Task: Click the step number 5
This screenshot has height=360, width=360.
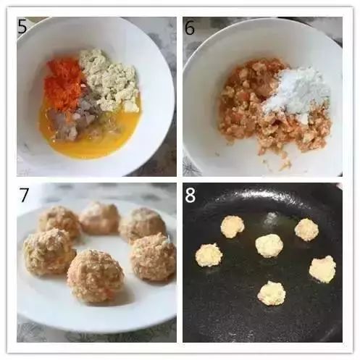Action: pyautogui.click(x=22, y=26)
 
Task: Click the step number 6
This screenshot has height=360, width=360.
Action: pyautogui.click(x=190, y=28)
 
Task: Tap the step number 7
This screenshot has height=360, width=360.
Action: pyautogui.click(x=24, y=195)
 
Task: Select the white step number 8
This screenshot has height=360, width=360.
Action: pyautogui.click(x=191, y=195)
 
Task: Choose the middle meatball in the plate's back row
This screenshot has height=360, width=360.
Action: pyautogui.click(x=99, y=219)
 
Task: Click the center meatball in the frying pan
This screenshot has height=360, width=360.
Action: pyautogui.click(x=269, y=246)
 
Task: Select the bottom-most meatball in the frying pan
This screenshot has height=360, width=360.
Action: pyautogui.click(x=272, y=293)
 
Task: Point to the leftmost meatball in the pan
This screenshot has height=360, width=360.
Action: pyautogui.click(x=209, y=255)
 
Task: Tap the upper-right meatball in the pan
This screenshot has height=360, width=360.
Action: pyautogui.click(x=306, y=230)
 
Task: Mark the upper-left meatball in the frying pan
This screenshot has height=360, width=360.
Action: pyautogui.click(x=233, y=227)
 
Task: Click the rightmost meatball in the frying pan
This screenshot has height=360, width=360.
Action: pyautogui.click(x=323, y=269)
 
